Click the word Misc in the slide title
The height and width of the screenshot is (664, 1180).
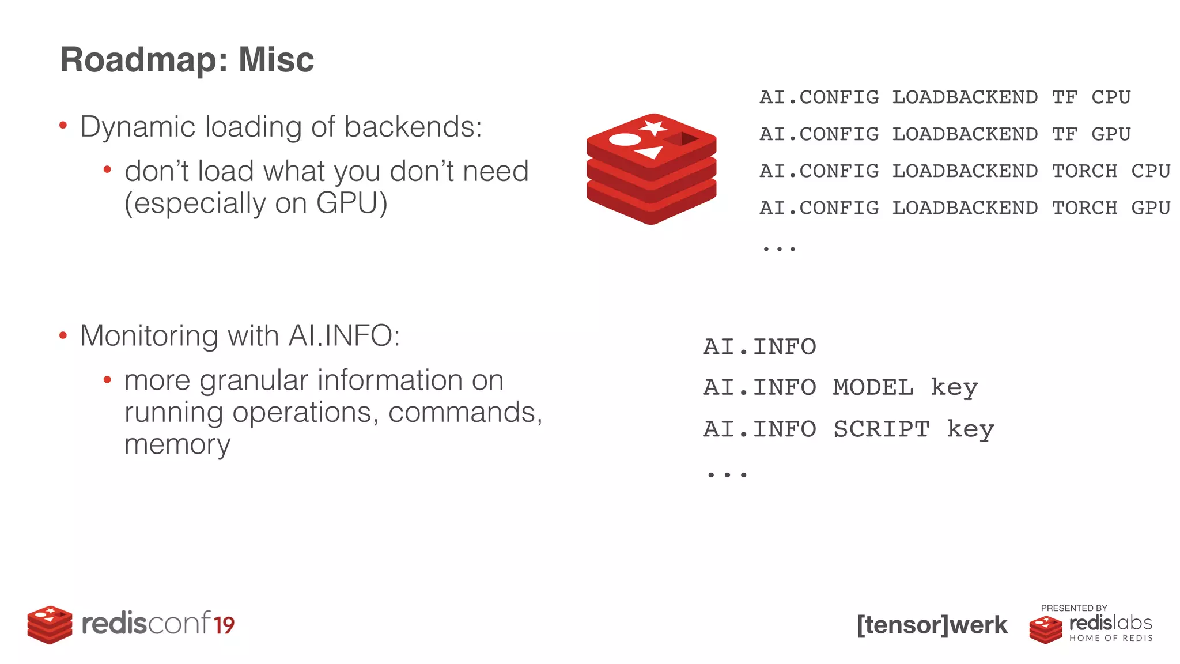[276, 59]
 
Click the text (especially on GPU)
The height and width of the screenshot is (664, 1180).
[256, 203]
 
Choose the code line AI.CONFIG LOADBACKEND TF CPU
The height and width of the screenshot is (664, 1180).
[945, 97]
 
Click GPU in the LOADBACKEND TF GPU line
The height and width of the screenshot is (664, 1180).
[1111, 134]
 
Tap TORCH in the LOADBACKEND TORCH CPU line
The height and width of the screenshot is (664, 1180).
[1084, 171]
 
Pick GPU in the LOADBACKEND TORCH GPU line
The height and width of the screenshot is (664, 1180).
[1151, 207]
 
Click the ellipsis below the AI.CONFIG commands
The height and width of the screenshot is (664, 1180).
[779, 248]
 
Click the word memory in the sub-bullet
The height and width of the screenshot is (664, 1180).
[177, 444]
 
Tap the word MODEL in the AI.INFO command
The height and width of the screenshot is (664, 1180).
[873, 387]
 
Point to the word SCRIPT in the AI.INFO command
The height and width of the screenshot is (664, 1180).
[882, 429]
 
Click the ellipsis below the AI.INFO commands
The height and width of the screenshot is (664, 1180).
[727, 474]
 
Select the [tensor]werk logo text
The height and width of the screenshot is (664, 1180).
[932, 625]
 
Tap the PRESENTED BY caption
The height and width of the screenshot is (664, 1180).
[1074, 608]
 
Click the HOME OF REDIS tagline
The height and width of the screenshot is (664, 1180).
[1111, 638]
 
